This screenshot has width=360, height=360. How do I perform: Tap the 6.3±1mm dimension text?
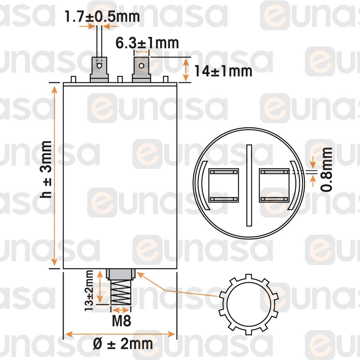147,43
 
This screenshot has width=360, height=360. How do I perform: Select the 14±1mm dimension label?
223,71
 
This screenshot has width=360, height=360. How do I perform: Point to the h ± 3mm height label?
46,170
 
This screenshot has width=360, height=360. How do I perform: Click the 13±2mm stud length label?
89,291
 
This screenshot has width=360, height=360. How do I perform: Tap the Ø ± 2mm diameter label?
123,344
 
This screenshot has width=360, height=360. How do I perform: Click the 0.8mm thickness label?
326,170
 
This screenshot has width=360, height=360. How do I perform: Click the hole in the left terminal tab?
99,66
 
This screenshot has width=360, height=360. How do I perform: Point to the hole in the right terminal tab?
141,66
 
